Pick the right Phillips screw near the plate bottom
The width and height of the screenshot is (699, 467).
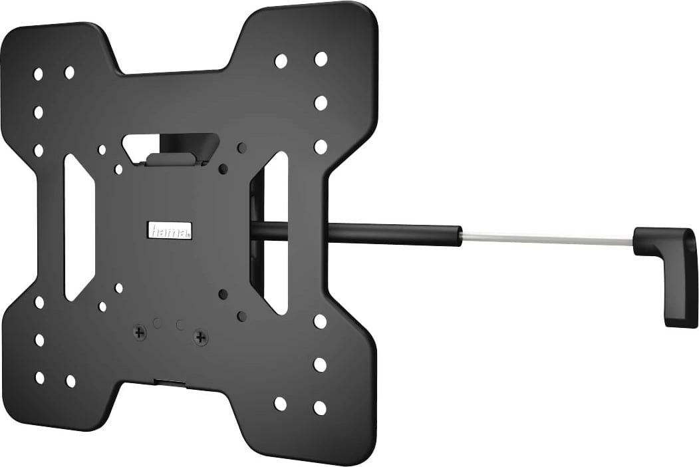pyautogui.click(x=200, y=337)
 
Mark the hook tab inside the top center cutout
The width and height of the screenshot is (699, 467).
pyautogui.click(x=172, y=159)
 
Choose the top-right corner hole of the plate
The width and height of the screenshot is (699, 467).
pyautogui.click(x=321, y=59)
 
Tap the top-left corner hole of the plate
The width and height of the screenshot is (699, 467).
pyautogui.click(x=38, y=74)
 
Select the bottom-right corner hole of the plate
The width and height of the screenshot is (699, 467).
pyautogui.click(x=320, y=408)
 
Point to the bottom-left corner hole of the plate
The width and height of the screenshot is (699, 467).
pyautogui.click(x=39, y=377)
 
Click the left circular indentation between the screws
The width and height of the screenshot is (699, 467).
pyautogui.click(x=157, y=323)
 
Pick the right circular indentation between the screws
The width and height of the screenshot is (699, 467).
pyautogui.click(x=180, y=325)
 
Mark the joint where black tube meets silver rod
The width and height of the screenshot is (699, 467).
pyautogui.click(x=460, y=235)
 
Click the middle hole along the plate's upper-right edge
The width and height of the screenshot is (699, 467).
pyautogui.click(x=321, y=102)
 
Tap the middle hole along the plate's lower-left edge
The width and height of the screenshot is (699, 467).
pyautogui.click(x=39, y=339)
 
